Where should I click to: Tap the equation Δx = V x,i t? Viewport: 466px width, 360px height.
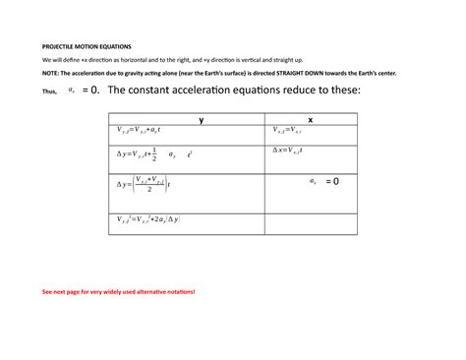tap(295, 150)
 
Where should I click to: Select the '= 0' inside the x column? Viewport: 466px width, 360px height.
tap(330, 181)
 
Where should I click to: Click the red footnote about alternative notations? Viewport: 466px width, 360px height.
tap(118, 292)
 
